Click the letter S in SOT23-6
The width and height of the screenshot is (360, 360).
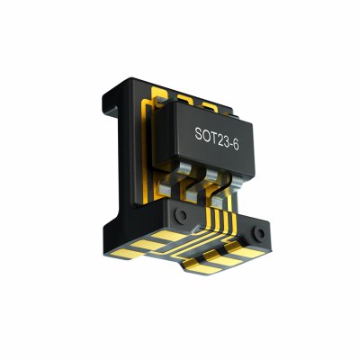pos(198,133)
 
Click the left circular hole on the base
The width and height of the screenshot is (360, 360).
pos(181,215)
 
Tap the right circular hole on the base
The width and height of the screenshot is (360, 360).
pos(259,233)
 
